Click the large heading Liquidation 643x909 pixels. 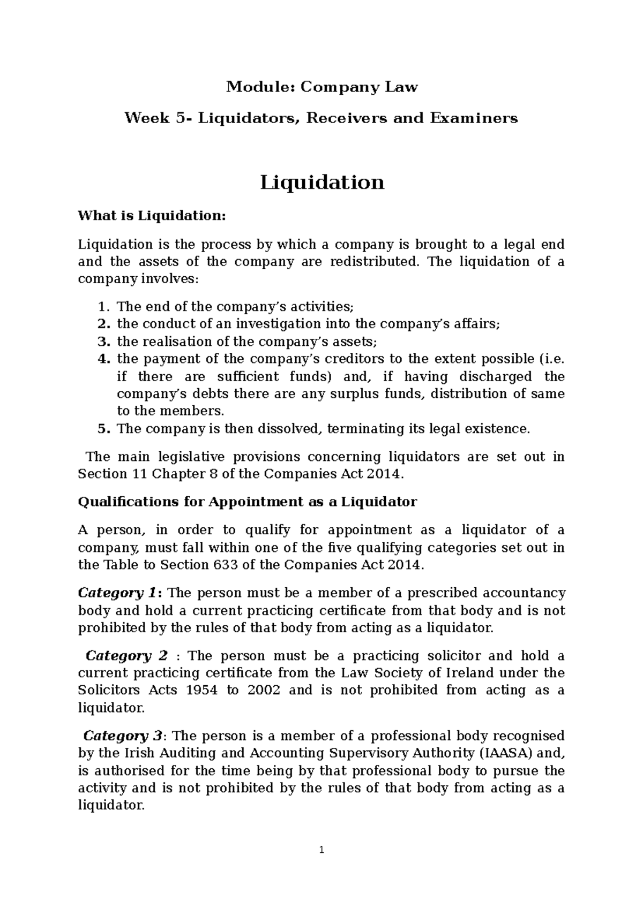tap(322, 183)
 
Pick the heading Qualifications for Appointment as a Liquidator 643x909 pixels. tap(247, 502)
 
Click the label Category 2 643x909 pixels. tap(126, 656)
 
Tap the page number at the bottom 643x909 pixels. tap(322, 850)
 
